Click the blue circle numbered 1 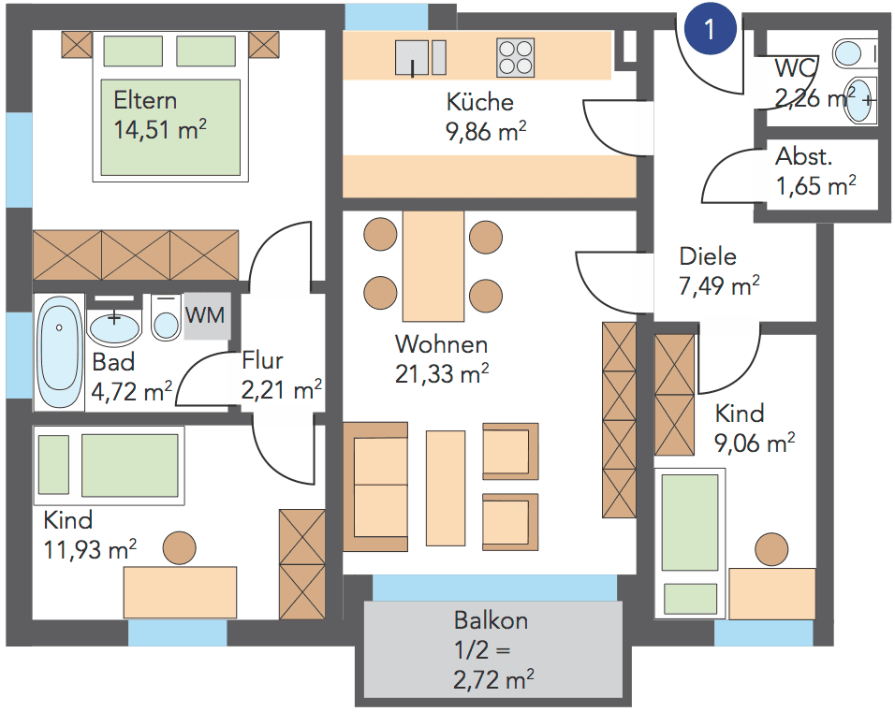(x=709, y=29)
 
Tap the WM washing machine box (x=205, y=316)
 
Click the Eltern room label (x=144, y=100)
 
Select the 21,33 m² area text (x=443, y=374)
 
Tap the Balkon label (x=491, y=619)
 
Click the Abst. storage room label (x=803, y=157)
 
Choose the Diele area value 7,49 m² (x=719, y=285)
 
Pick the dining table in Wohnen (x=433, y=266)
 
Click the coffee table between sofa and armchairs (x=446, y=487)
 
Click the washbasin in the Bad (x=114, y=327)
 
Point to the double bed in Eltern (x=170, y=107)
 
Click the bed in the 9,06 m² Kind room (x=691, y=538)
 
